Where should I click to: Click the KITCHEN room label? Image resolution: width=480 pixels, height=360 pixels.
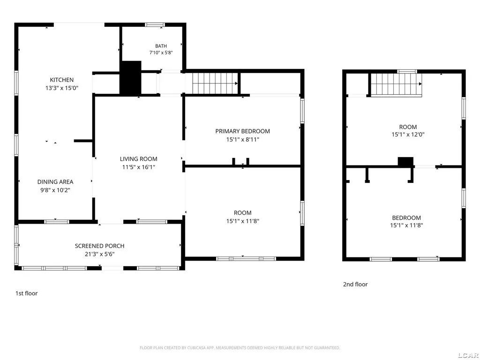coord(62,80)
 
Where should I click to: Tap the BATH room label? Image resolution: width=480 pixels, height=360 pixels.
coord(161,46)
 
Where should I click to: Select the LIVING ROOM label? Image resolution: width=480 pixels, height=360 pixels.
coord(139,159)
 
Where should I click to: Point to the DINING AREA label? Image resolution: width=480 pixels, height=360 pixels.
coord(55,182)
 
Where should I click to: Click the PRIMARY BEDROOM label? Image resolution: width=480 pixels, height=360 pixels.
coord(243,131)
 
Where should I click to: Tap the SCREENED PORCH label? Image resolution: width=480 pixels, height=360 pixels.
coord(100,246)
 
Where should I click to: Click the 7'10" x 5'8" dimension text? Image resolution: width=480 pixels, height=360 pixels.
coord(161,52)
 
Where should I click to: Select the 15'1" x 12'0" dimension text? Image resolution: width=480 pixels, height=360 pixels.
coord(408,135)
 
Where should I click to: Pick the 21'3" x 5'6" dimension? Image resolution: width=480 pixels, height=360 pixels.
coord(100,254)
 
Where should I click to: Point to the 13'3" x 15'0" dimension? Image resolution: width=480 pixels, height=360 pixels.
coord(62,88)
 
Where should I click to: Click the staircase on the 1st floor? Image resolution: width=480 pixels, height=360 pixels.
coord(215,83)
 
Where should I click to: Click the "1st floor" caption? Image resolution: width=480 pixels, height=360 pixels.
coord(27,293)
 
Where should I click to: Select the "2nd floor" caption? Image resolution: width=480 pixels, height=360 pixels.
coord(355,285)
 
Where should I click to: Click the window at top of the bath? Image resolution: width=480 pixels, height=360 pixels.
coord(155,25)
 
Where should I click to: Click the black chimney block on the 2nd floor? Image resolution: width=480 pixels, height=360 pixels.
coord(405,162)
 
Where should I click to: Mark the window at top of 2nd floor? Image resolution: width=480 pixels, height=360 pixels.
coord(407,72)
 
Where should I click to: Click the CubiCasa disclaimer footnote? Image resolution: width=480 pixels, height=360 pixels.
coord(240,348)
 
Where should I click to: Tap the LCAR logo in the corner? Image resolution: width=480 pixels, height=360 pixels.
coord(469,355)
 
